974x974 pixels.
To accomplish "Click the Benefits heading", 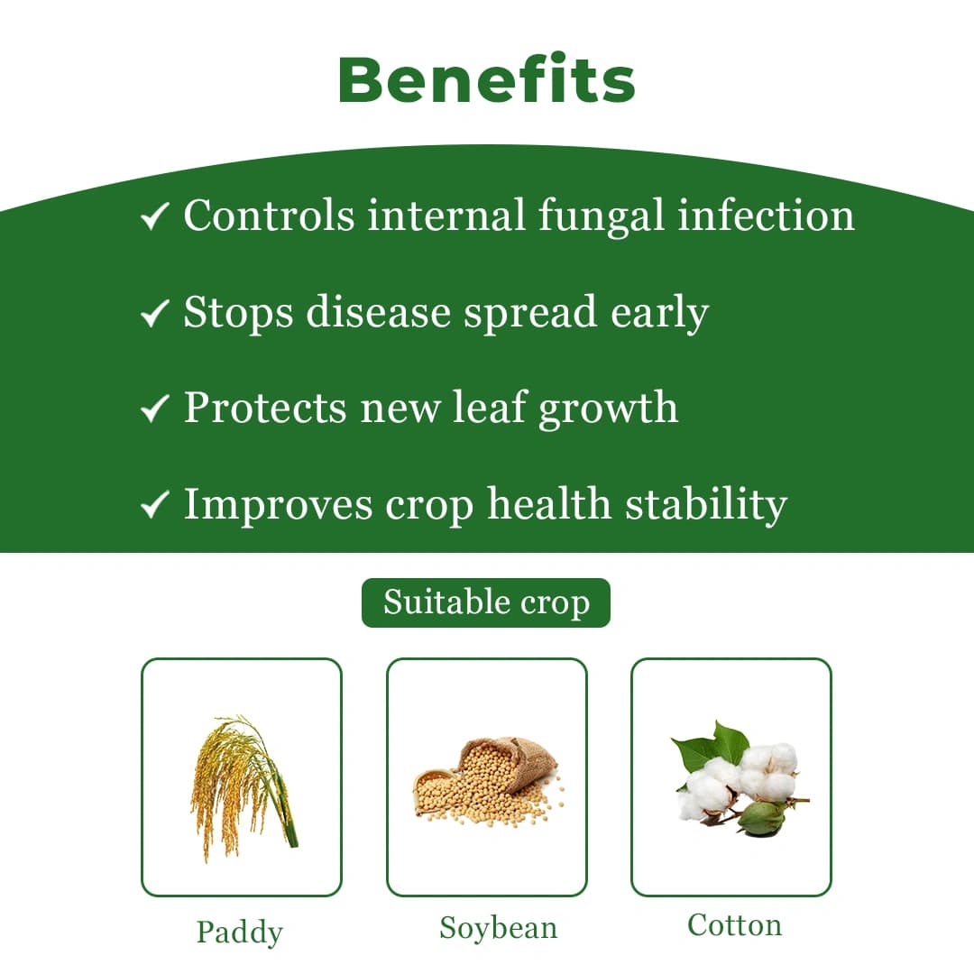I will pyautogui.click(x=487, y=79).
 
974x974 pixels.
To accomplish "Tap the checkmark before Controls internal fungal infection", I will pyautogui.click(x=155, y=217).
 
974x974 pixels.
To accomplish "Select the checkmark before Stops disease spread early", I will pyautogui.click(x=155, y=314).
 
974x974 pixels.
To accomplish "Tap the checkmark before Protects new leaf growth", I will pyautogui.click(x=155, y=409).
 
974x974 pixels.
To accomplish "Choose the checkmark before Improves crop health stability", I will pyautogui.click(x=155, y=505).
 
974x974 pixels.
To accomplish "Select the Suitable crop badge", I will pyautogui.click(x=486, y=602).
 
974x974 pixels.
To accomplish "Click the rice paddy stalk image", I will pyautogui.click(x=241, y=780).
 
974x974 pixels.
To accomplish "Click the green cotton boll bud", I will pyautogui.click(x=759, y=817).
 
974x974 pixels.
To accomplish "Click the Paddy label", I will pyautogui.click(x=240, y=933).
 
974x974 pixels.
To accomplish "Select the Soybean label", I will pyautogui.click(x=498, y=928).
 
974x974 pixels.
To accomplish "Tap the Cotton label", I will pyautogui.click(x=734, y=925).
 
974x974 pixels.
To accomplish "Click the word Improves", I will pyautogui.click(x=278, y=505).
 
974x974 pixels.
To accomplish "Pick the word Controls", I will pyautogui.click(x=269, y=216).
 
